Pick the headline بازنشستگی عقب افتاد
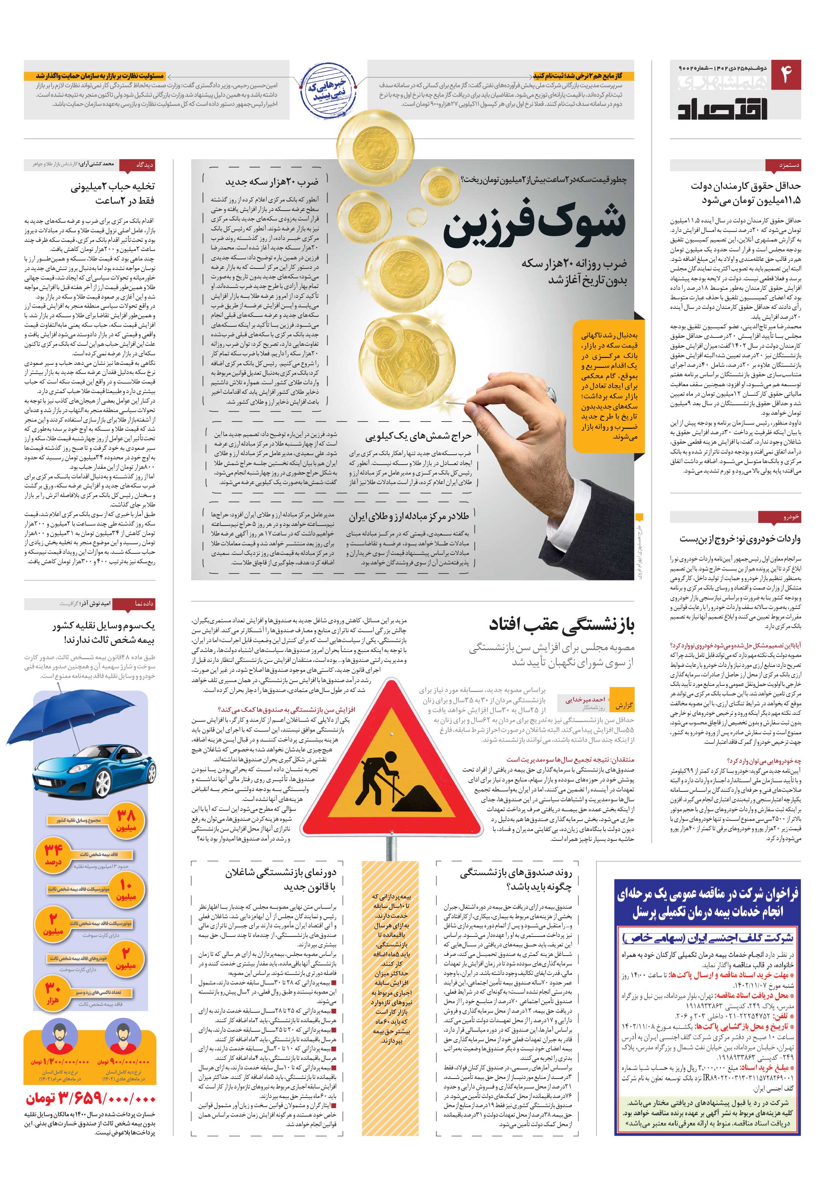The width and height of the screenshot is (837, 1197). click(562, 625)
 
